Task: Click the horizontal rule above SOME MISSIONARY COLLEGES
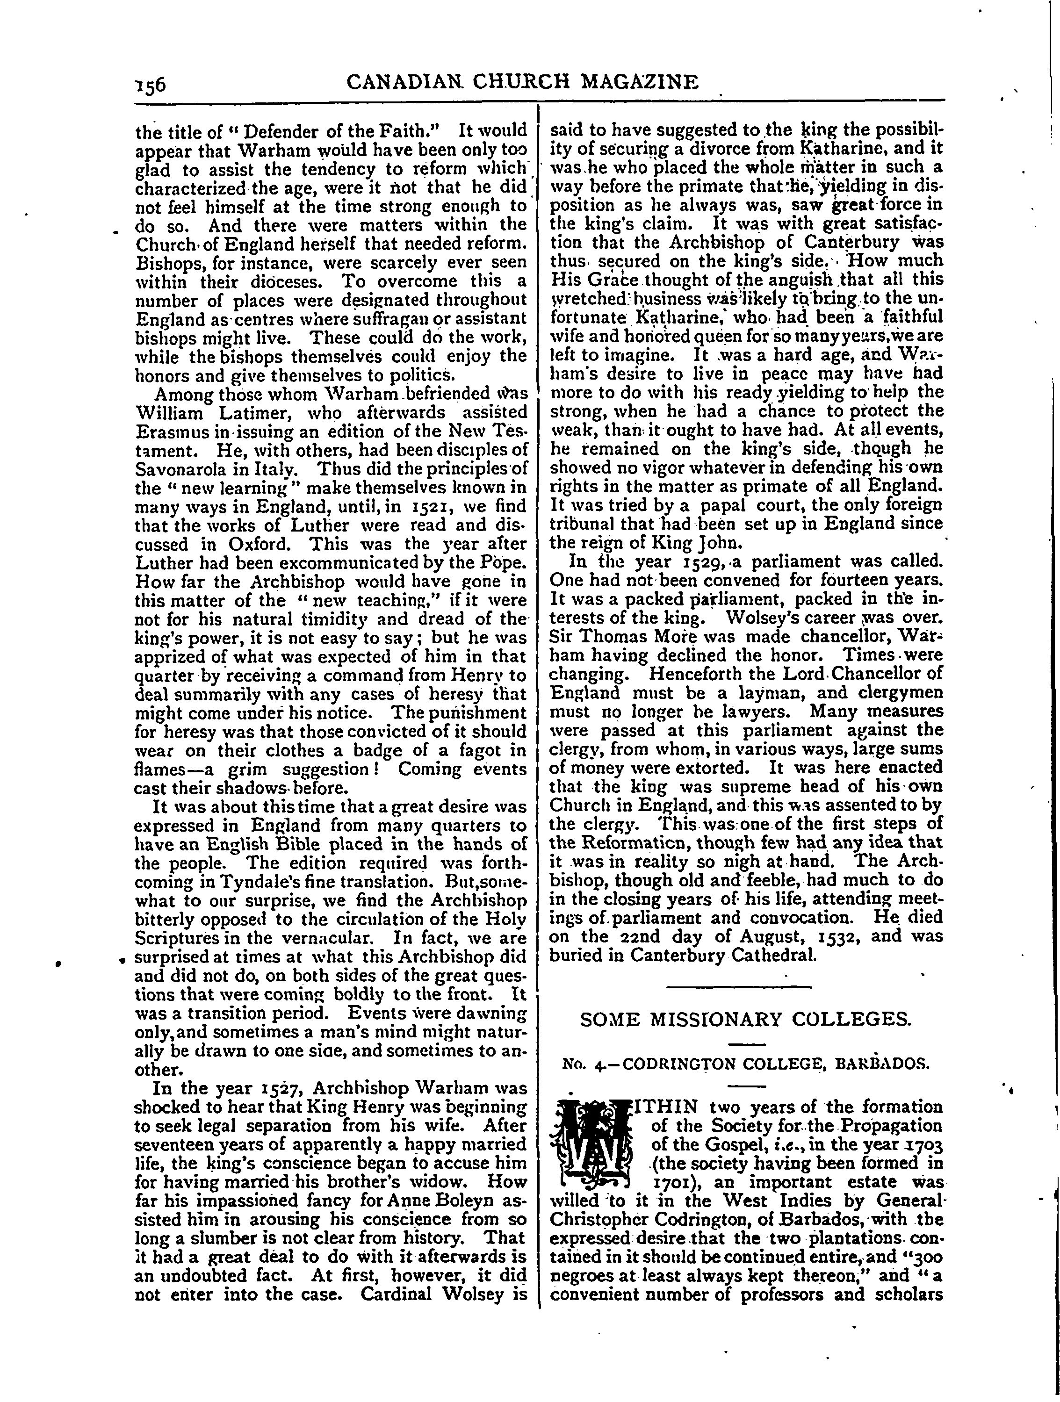click(739, 987)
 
